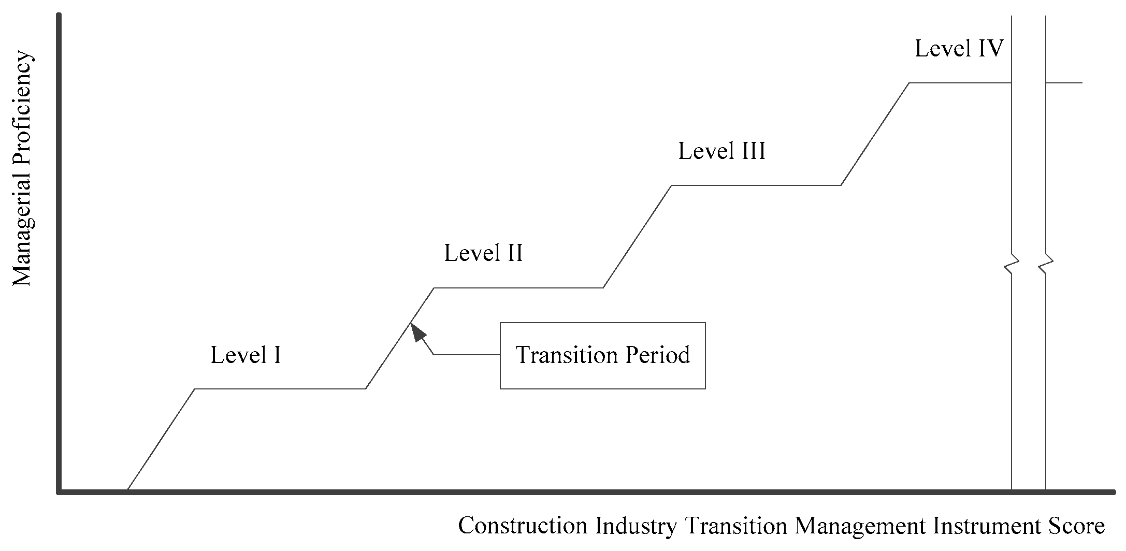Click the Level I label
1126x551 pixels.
(x=246, y=355)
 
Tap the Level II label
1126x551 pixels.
(x=483, y=253)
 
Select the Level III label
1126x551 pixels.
(x=721, y=152)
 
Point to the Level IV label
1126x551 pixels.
(x=959, y=49)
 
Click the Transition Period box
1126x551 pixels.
(x=602, y=355)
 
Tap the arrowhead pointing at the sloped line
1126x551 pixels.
(x=416, y=332)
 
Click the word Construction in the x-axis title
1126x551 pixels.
(x=523, y=526)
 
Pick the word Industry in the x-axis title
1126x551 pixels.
(x=636, y=526)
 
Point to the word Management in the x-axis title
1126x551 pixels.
(x=860, y=526)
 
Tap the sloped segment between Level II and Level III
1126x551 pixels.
(x=638, y=236)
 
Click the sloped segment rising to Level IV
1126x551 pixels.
(x=875, y=134)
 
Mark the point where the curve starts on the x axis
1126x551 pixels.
(x=127, y=489)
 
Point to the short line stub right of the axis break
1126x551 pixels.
(x=1064, y=83)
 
